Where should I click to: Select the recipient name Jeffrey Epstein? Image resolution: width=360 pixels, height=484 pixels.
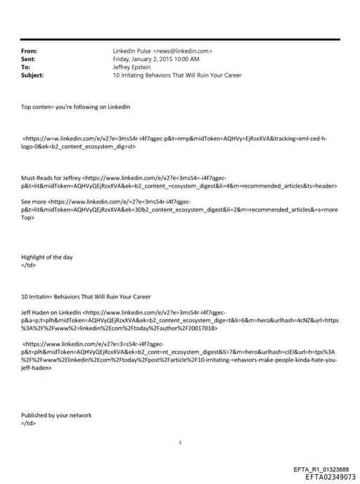(x=132, y=67)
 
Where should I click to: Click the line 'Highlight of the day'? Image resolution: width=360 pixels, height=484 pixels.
(x=47, y=257)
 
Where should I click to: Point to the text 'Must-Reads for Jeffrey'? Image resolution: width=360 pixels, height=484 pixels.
(x=51, y=179)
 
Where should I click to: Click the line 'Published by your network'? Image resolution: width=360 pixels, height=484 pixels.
(x=56, y=415)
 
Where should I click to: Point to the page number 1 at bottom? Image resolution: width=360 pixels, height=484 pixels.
(x=181, y=442)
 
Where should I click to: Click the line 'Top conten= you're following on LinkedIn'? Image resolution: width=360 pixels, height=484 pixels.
(x=75, y=106)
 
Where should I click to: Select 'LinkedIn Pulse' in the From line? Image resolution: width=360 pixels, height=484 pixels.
(x=131, y=51)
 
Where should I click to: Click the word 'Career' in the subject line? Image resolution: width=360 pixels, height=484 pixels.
(x=217, y=75)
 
